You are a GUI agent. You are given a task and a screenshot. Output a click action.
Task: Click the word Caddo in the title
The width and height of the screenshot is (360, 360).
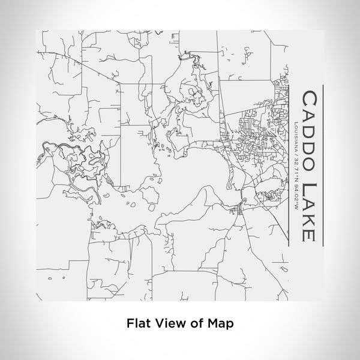click(308, 131)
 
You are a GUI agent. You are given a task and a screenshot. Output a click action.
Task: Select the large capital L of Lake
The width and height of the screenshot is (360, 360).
click(308, 187)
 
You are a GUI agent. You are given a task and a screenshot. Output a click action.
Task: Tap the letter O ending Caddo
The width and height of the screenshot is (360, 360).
click(308, 163)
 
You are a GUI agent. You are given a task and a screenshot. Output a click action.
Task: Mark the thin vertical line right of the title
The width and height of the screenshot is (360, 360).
click(323, 165)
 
